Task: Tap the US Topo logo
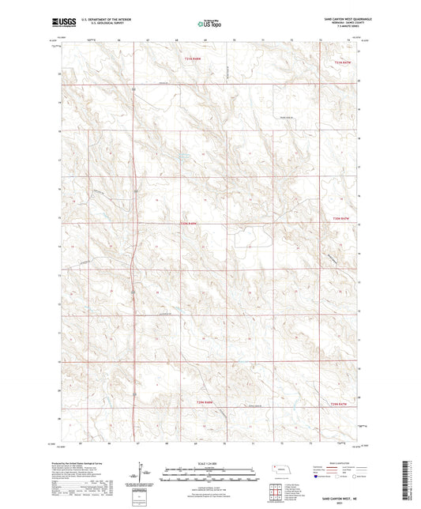coord(209,25)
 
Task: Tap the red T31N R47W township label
coord(341,62)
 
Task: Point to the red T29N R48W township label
coord(203,404)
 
